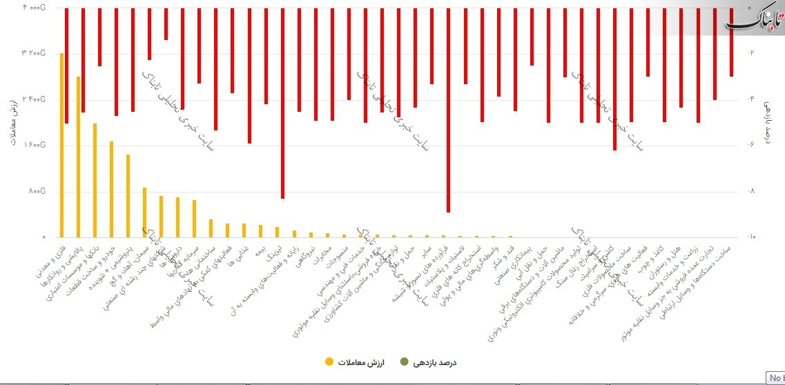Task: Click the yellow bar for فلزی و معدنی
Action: (62, 145)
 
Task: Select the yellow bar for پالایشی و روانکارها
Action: (79, 157)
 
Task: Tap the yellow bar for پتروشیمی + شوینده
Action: (128, 196)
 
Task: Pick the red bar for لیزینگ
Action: (282, 103)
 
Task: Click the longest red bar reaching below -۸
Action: (449, 110)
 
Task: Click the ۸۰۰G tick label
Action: (37, 191)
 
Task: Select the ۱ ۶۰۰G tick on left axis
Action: (34, 145)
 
